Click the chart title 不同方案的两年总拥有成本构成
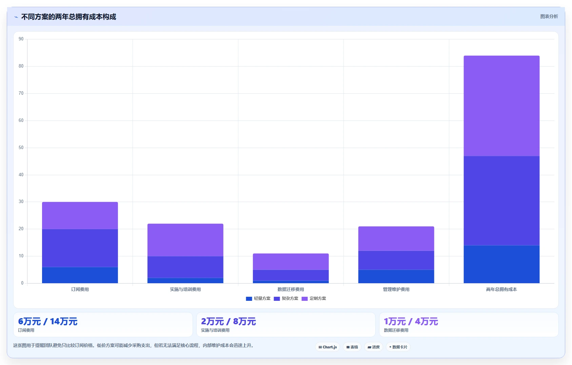68,17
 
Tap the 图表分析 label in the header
549,16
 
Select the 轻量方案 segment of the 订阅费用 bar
80,275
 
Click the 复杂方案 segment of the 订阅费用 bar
80,248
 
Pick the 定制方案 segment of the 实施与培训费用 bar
185,240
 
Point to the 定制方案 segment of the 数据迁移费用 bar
291,262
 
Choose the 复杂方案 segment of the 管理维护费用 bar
396,260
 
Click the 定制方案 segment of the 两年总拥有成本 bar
501,106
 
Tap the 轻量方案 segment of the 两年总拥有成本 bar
501,264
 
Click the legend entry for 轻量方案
258,298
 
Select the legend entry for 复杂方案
286,298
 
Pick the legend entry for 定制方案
314,298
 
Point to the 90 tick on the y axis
21,39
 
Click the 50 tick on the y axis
21,148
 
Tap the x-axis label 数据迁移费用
291,289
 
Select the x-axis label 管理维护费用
396,289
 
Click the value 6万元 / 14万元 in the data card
48,322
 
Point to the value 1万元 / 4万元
411,322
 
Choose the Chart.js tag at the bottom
328,347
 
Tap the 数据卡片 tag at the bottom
398,347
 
